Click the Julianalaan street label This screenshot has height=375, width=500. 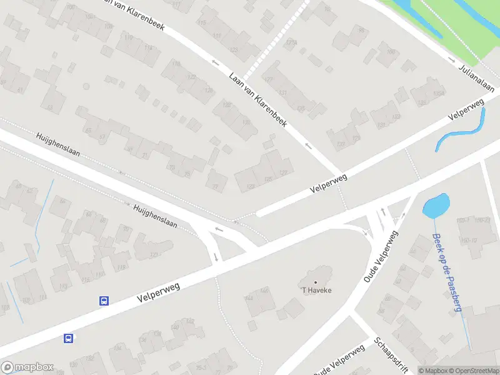pyautogui.click(x=476, y=78)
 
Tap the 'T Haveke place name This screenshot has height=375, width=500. pyautogui.click(x=316, y=290)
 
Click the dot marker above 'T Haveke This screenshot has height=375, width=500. pyautogui.click(x=316, y=282)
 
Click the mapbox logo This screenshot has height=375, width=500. pyautogui.click(x=27, y=367)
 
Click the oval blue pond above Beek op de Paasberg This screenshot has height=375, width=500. pyautogui.click(x=436, y=206)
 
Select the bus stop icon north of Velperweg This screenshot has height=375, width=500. pyautogui.click(x=104, y=301)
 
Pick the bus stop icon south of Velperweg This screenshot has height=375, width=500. pyautogui.click(x=68, y=339)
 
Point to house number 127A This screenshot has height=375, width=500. pyautogui.click(x=290, y=43)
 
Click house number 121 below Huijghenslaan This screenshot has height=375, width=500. pyautogui.click(x=154, y=254)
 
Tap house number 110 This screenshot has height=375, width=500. pyautogui.click(x=129, y=37)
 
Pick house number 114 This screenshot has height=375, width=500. pyautogui.click(x=148, y=47)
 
